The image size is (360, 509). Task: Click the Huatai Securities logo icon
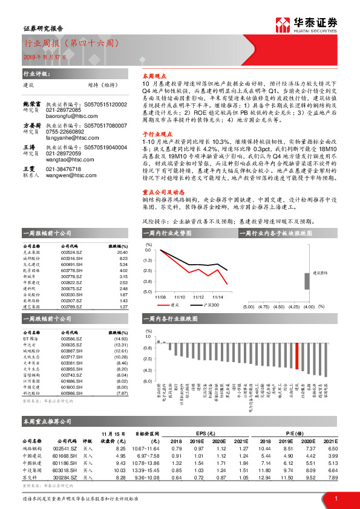pos(282,25)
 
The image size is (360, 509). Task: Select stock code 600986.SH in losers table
pos(71,393)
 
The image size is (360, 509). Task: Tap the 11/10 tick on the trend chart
pos(179,297)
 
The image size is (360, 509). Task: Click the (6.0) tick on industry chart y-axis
pos(148,381)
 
